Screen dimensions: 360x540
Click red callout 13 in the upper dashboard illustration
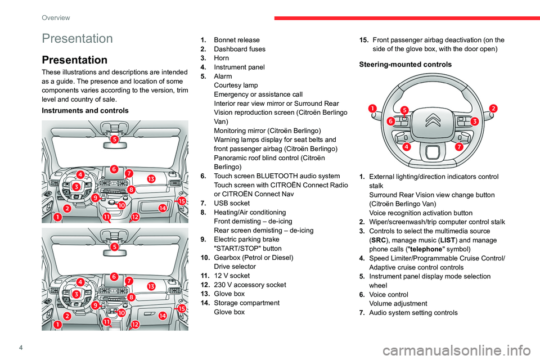tap(151, 179)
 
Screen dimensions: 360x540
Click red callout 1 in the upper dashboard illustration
tap(57, 217)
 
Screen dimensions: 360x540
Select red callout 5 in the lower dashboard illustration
tap(114, 246)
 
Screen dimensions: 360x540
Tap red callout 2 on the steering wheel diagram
tap(493, 108)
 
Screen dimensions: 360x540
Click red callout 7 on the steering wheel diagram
tap(459, 147)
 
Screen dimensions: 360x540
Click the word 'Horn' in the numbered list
tap(223, 58)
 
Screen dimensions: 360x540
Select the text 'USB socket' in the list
tap(232, 202)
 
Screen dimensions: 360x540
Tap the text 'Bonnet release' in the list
tap(237, 40)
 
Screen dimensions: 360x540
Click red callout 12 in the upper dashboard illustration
tap(136, 217)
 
